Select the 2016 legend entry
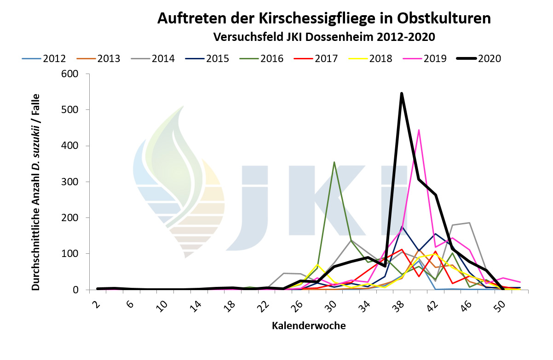[271, 59]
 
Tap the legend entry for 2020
[489, 59]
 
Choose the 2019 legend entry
[435, 59]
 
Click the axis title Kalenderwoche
[309, 326]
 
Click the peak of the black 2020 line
[402, 93]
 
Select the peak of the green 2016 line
[334, 162]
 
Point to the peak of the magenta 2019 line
[419, 130]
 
